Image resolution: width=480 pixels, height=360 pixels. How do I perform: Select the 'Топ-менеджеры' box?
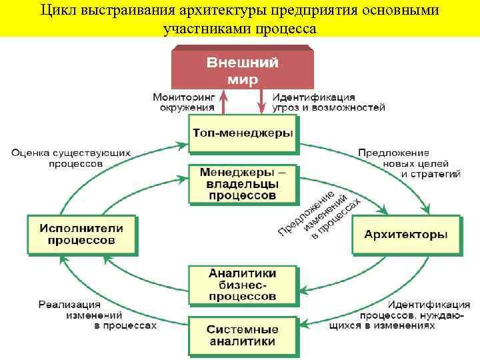(x=242, y=132)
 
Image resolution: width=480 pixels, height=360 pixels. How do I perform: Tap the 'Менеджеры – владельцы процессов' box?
(x=242, y=184)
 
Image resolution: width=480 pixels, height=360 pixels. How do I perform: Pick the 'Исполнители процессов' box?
(x=81, y=234)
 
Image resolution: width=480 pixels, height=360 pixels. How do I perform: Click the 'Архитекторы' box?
(x=405, y=235)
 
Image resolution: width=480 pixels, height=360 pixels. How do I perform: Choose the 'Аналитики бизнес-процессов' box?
(x=242, y=284)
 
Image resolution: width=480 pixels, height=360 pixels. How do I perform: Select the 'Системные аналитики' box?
(x=242, y=335)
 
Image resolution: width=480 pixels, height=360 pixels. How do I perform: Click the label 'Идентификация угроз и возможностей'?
(x=328, y=101)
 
